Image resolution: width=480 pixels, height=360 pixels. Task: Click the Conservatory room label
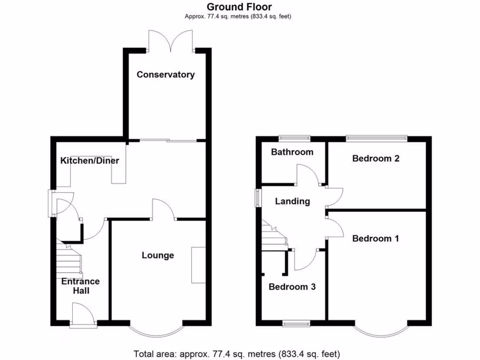[165, 75]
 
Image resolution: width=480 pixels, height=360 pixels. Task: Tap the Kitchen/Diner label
[90, 161]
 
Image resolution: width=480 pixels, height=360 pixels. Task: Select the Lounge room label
[158, 255]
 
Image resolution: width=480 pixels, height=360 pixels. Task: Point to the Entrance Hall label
[81, 286]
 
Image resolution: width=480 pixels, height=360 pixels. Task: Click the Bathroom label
[292, 152]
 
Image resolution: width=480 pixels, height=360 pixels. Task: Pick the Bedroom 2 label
[376, 158]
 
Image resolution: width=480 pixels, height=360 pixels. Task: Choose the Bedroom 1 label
[376, 239]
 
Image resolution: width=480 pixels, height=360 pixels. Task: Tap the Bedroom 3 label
[292, 286]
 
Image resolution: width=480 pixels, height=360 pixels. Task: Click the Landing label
[292, 201]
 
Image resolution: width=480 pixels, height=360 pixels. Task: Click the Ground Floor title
[240, 7]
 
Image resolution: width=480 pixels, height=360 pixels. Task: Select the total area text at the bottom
[237, 354]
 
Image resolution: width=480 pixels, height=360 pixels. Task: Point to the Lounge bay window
[156, 330]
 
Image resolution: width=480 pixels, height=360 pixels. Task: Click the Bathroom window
[294, 138]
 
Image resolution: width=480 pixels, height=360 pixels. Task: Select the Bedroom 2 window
[376, 138]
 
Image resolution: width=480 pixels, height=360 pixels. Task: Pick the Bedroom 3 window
[296, 323]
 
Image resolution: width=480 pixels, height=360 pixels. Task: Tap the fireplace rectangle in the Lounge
[198, 265]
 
